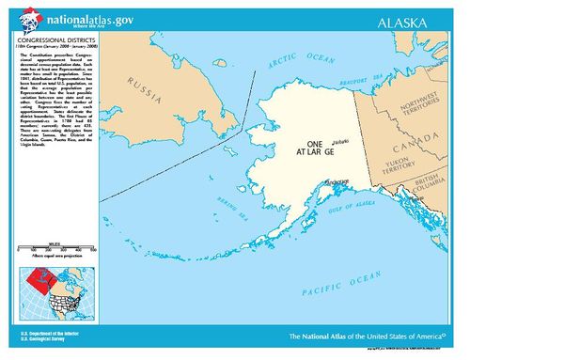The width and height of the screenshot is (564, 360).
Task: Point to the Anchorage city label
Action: click(335, 182)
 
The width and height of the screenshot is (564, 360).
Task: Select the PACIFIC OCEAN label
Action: click(326, 282)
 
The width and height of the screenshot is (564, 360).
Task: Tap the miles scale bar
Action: click(57, 249)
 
